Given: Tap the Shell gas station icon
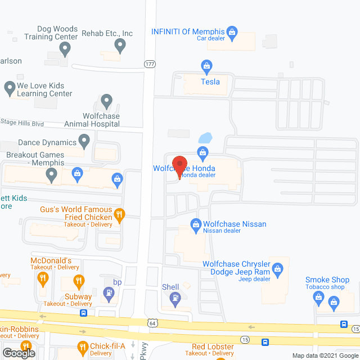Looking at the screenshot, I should tap(176, 298).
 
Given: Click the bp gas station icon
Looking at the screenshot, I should tap(109, 292).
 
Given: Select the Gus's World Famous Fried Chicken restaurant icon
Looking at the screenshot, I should tap(119, 214).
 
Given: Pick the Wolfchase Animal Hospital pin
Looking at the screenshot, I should tap(107, 102).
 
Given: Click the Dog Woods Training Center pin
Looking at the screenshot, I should tap(65, 50).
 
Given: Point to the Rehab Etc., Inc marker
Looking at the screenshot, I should tap(119, 44).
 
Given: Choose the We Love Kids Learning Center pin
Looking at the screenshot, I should tap(10, 88).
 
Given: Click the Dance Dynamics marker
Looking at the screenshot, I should tap(84, 141).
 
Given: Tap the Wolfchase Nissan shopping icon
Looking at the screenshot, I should tap(196, 224).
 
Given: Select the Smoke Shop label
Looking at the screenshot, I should tap(327, 280).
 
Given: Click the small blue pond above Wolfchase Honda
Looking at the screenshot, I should tap(205, 138).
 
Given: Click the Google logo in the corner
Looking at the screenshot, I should tap(18, 353).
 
